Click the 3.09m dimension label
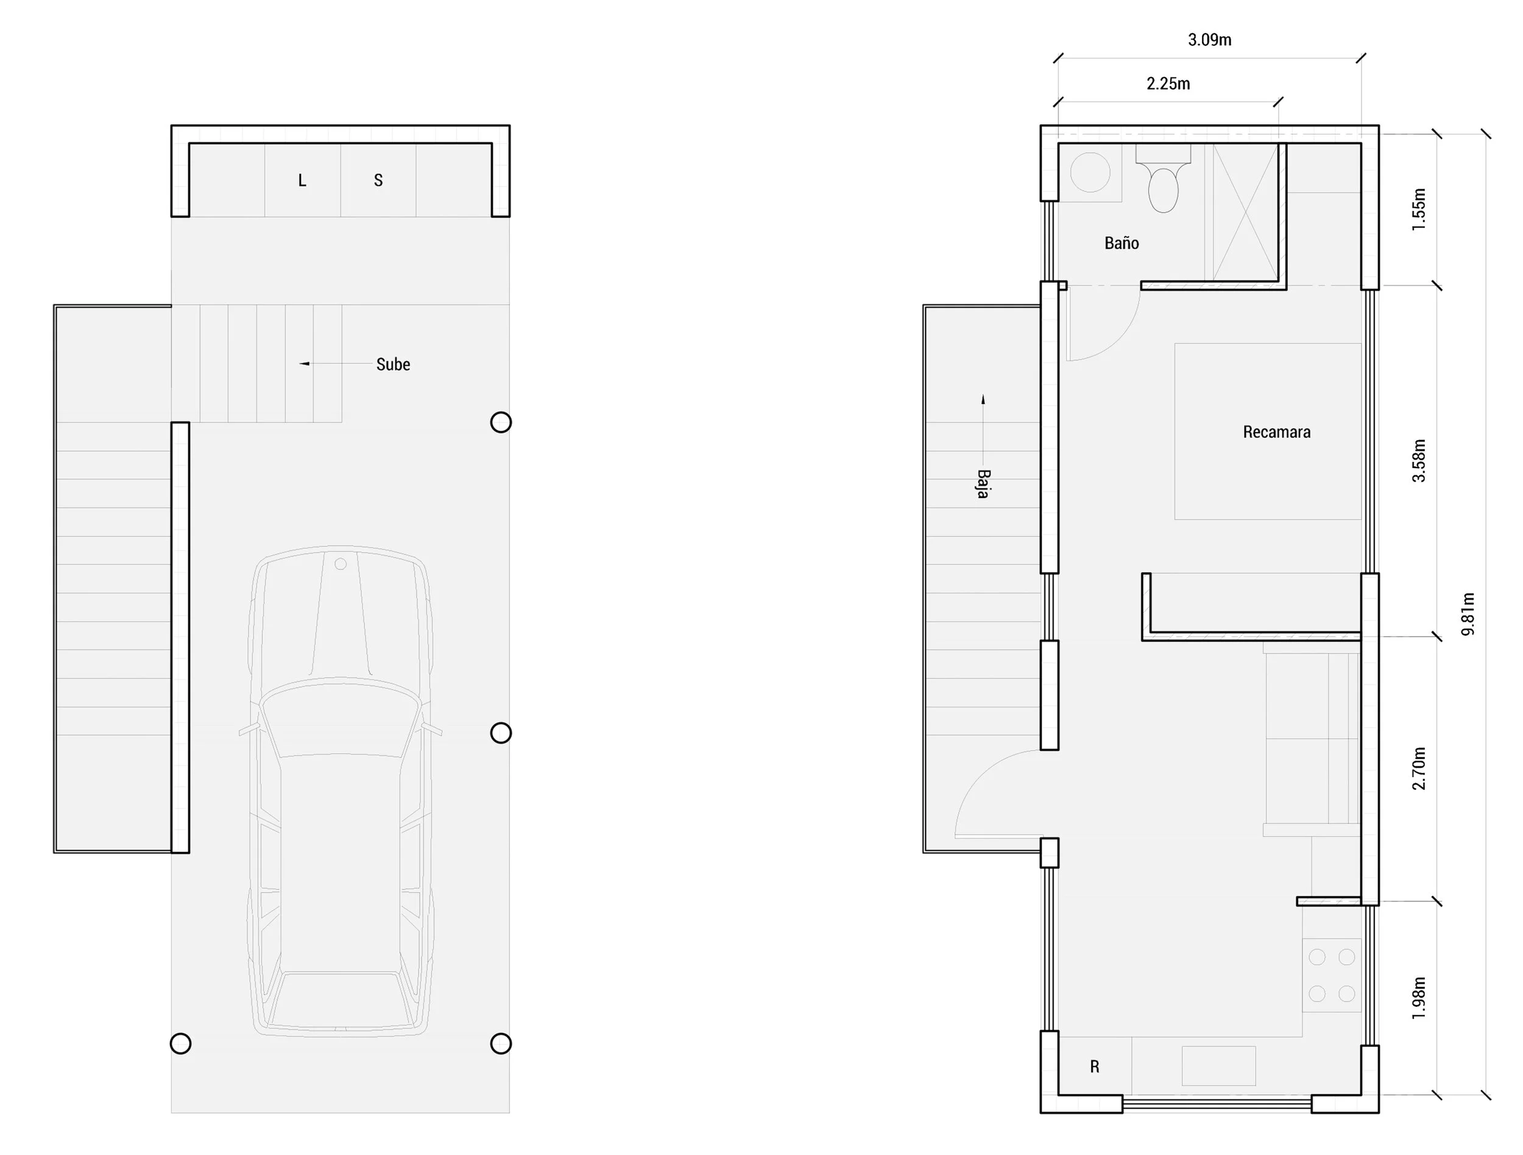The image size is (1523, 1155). [1210, 40]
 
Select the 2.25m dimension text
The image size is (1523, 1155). [1168, 84]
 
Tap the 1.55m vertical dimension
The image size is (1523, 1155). [1419, 210]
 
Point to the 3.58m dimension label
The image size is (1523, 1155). [1419, 461]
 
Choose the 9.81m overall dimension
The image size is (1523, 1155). [1469, 614]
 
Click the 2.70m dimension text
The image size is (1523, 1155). [1419, 768]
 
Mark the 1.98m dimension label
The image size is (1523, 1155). [1419, 998]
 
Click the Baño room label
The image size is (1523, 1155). [1122, 243]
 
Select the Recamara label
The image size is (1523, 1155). [1276, 432]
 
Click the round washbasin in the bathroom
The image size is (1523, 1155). [1090, 172]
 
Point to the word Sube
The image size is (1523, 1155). [393, 364]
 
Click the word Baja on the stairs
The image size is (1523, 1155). [983, 484]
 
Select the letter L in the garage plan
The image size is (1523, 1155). [302, 180]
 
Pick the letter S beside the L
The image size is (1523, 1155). [378, 180]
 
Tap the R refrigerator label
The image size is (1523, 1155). [1095, 1067]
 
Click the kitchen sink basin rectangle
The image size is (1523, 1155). [1218, 1065]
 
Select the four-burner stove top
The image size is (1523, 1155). [1332, 975]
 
